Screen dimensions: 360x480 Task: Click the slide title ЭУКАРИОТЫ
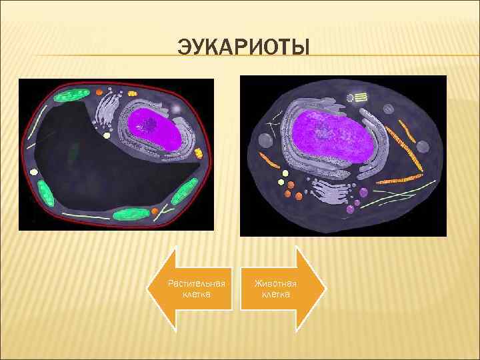point(244,48)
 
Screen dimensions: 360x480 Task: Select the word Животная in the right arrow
point(275,283)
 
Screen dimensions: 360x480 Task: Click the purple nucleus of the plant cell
point(155,129)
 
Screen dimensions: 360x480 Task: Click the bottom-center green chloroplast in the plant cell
point(131,215)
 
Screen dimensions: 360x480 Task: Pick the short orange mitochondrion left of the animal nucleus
point(269,160)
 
